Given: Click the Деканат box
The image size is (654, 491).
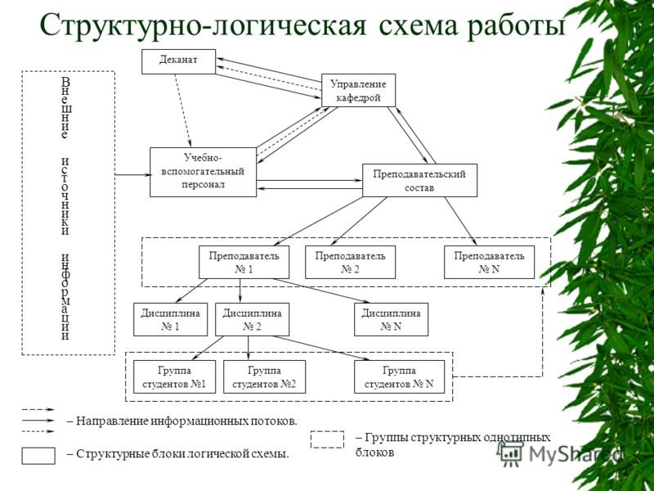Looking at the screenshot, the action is point(178,62).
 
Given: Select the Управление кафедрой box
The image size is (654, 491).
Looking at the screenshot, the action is point(358,90).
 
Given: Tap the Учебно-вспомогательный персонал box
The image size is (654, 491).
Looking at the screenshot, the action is point(203,172).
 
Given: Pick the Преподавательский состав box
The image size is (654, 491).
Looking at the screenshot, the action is point(419,180).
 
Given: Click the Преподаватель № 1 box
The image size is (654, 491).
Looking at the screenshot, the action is point(244,262).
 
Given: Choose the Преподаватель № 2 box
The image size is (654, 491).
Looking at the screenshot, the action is point(351,262).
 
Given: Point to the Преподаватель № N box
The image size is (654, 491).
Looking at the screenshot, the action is point(489,262).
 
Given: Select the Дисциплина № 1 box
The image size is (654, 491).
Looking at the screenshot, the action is point(170,319).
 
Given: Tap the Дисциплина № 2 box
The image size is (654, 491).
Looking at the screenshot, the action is point(252,319).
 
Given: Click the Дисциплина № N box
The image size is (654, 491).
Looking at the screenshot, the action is point(392,319).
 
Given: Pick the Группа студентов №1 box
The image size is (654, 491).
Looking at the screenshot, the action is point(174,376).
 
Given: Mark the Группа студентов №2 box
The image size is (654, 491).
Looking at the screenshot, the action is point(264,376).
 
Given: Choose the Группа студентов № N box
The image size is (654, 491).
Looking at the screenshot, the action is point(399,376).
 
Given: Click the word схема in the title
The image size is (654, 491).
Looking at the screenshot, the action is point(419,26).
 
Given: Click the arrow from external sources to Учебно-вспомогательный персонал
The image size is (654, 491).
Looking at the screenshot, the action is point(132,175).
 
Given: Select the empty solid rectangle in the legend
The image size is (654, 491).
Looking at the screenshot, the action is point(38,456).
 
